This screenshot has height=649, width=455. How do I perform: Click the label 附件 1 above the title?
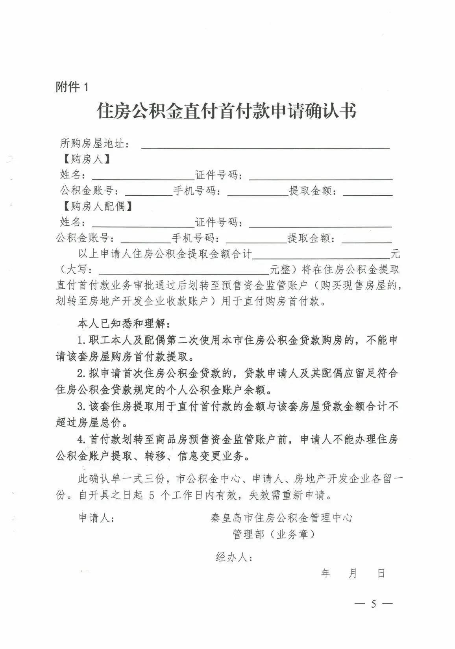pos(72,87)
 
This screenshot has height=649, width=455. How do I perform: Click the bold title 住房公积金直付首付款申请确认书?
pos(227,111)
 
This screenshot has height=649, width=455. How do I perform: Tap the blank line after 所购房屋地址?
pos(265,146)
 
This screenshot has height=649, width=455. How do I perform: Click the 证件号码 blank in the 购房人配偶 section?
pos(320,225)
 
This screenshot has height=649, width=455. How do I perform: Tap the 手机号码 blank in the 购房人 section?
pos(258,193)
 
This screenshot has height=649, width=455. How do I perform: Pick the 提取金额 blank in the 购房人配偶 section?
pos(367,241)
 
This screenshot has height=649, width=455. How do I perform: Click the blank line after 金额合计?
pos(321,256)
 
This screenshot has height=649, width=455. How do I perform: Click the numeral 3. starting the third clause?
pos(82,406)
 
